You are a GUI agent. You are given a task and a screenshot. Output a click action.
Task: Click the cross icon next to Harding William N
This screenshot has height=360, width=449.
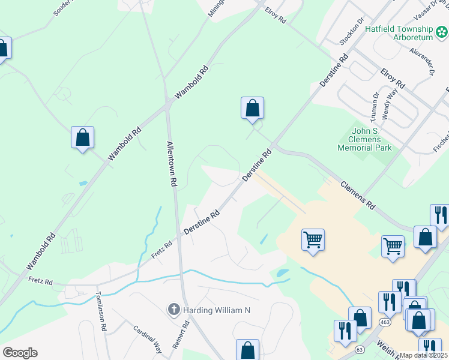[x=173, y=310]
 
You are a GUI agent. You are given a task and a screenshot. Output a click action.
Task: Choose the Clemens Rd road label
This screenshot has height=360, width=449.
[x=358, y=195]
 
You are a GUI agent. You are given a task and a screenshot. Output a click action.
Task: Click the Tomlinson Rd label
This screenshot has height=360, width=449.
[x=100, y=312]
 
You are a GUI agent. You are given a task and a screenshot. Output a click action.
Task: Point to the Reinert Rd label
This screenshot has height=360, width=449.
[x=186, y=332]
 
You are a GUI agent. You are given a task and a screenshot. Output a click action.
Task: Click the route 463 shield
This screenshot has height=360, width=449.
[x=382, y=322]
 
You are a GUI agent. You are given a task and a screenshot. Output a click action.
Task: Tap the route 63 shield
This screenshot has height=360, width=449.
[x=360, y=349]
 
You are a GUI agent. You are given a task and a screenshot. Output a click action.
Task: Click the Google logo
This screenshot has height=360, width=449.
[x=20, y=353]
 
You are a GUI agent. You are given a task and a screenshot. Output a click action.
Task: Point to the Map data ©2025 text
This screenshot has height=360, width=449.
[x=424, y=355]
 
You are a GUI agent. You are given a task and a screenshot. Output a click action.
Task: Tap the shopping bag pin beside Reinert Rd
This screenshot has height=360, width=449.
[x=247, y=349]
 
